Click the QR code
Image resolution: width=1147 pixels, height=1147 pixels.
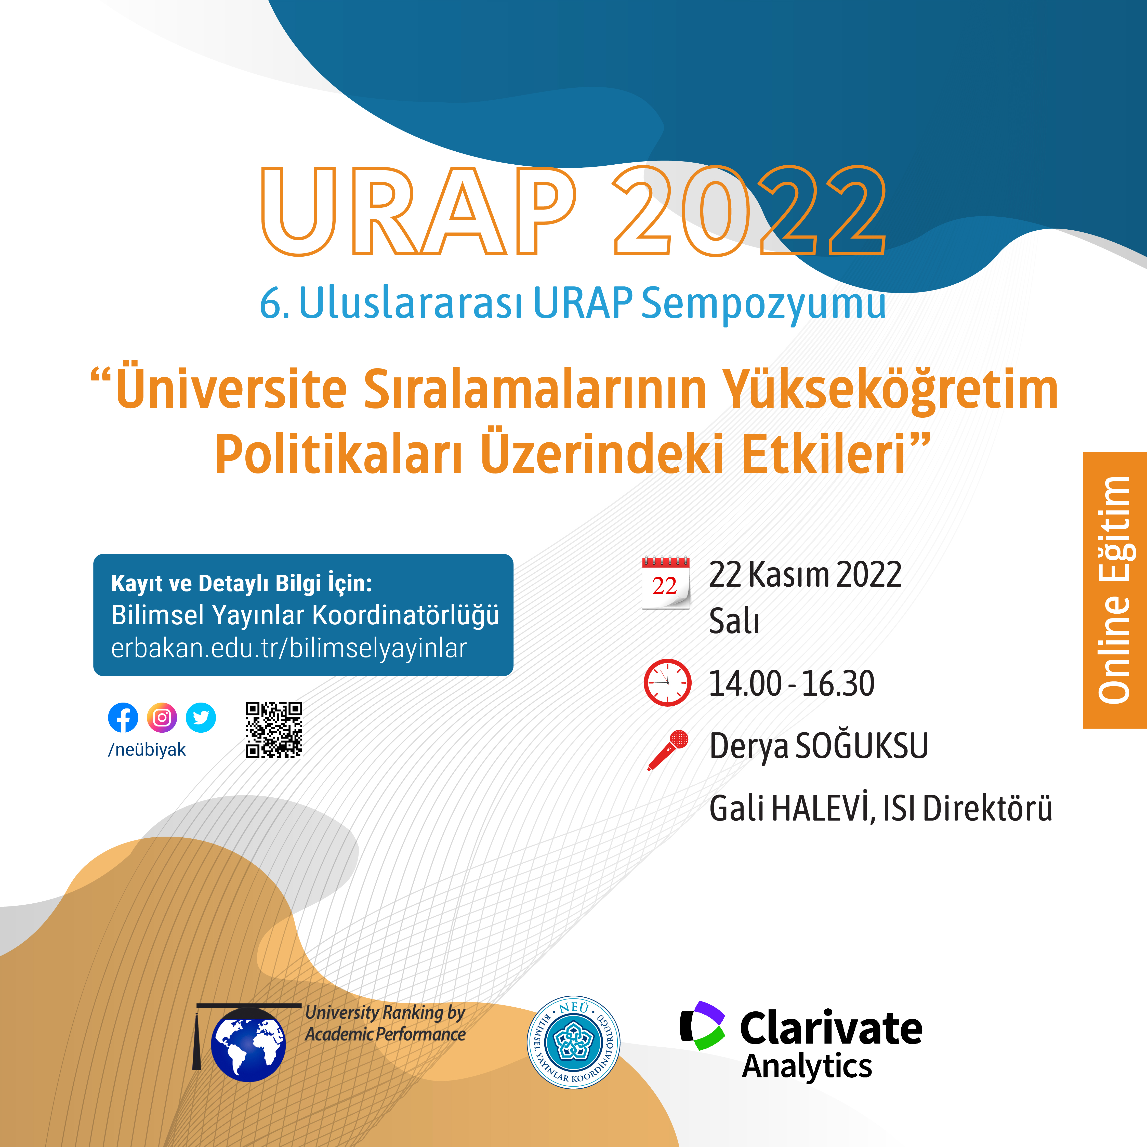tap(274, 730)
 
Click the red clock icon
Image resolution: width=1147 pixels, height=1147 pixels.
tap(667, 682)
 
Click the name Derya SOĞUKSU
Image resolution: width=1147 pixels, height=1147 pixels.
tap(819, 746)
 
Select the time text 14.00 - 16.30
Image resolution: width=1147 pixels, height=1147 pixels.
tap(792, 683)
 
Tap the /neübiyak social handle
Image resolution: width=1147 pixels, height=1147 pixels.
tap(147, 750)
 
